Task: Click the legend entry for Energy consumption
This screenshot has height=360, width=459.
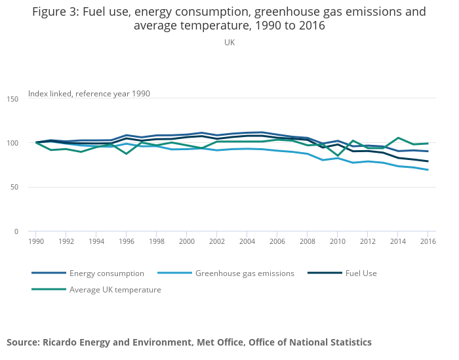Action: click(x=98, y=273)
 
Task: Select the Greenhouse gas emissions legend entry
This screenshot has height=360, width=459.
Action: click(x=245, y=273)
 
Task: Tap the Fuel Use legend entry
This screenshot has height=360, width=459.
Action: click(x=361, y=273)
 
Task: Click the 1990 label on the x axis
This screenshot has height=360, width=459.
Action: click(x=36, y=241)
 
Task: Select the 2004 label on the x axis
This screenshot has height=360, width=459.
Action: click(x=247, y=241)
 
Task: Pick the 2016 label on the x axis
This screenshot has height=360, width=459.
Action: click(x=428, y=241)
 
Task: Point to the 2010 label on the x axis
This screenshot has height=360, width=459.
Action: click(x=338, y=241)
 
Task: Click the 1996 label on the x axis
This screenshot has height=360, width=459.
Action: click(x=127, y=241)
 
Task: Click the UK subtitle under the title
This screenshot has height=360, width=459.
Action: click(x=229, y=42)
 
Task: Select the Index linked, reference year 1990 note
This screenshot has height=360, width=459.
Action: click(x=89, y=94)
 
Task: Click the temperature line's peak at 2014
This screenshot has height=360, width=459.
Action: click(x=398, y=138)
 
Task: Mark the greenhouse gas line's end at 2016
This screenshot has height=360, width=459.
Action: click(x=428, y=170)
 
